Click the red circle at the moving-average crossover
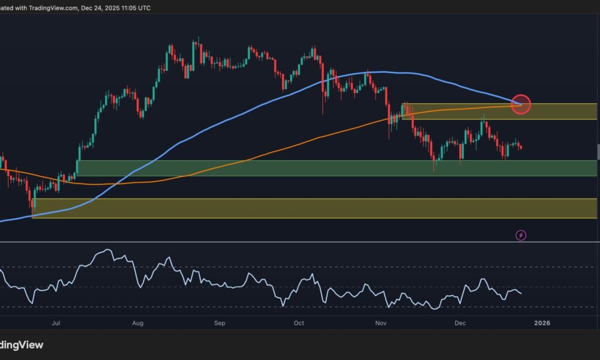(521, 104)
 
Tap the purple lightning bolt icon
(521, 236)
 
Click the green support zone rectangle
(336, 168)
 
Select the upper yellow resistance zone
(498, 112)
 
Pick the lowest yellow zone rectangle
(312, 208)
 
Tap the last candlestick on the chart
(521, 147)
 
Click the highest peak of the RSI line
(107, 250)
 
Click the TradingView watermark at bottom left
(22, 345)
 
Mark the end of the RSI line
(521, 293)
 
